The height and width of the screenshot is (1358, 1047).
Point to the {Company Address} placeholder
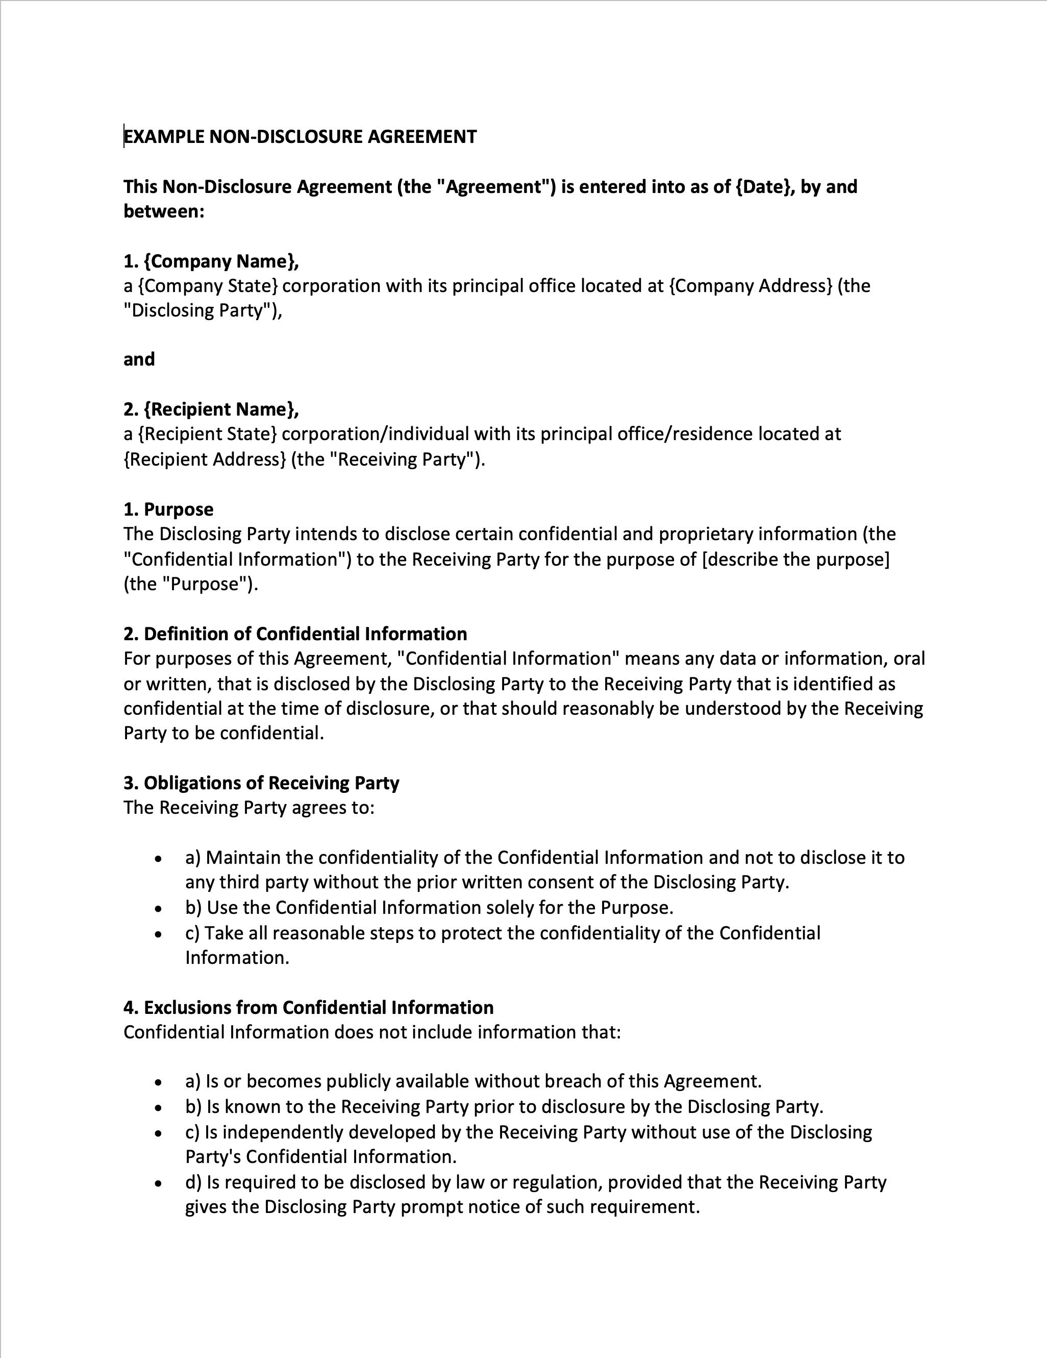750,286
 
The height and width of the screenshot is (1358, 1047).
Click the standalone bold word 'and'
139,359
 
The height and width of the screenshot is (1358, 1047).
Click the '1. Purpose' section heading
168,510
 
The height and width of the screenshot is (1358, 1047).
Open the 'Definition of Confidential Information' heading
295,634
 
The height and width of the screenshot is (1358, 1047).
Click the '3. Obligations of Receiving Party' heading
261,783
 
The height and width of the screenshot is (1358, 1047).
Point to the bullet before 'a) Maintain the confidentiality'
159,859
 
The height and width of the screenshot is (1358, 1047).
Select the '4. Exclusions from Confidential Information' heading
308,1007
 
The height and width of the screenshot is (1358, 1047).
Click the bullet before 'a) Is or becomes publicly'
159,1082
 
